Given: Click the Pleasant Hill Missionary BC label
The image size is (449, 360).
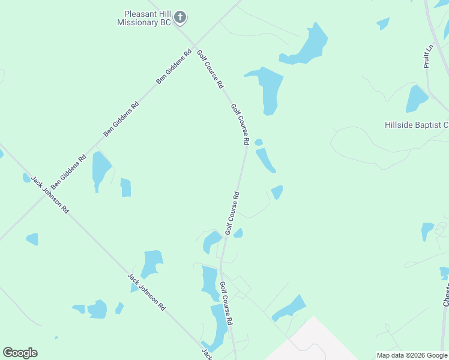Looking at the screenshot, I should (x=147, y=17).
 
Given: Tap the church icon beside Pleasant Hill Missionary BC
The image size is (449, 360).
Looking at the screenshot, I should (x=181, y=18).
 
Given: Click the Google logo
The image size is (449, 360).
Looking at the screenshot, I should (x=20, y=353).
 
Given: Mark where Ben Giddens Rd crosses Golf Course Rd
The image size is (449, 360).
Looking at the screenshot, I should (x=193, y=43).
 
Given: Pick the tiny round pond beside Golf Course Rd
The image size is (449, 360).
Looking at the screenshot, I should (x=259, y=142).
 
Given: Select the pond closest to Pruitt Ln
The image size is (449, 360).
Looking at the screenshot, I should (x=417, y=99).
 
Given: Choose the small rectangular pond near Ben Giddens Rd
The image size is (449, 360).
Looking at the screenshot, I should (x=125, y=187).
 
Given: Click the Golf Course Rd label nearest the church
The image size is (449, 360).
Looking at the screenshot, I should (x=210, y=68).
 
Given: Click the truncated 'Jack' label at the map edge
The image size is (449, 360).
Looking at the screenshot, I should (x=206, y=353).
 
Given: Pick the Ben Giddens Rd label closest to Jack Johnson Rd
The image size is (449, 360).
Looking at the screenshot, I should (x=68, y=170).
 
